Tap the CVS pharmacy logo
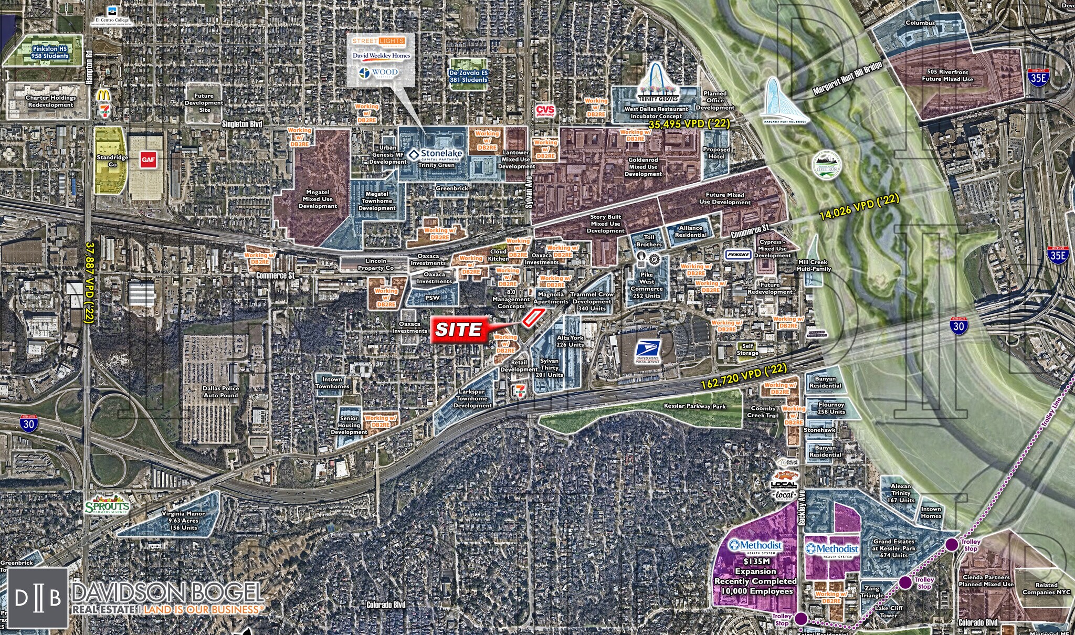(x=545, y=110)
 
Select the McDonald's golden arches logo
(x=103, y=96)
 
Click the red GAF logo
(x=147, y=160)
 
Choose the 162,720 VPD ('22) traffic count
(x=744, y=377)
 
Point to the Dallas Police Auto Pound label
(x=221, y=391)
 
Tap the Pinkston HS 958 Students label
(x=43, y=52)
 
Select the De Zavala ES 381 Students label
(x=468, y=77)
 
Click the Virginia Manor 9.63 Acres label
(x=183, y=521)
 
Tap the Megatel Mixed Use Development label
(x=317, y=199)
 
